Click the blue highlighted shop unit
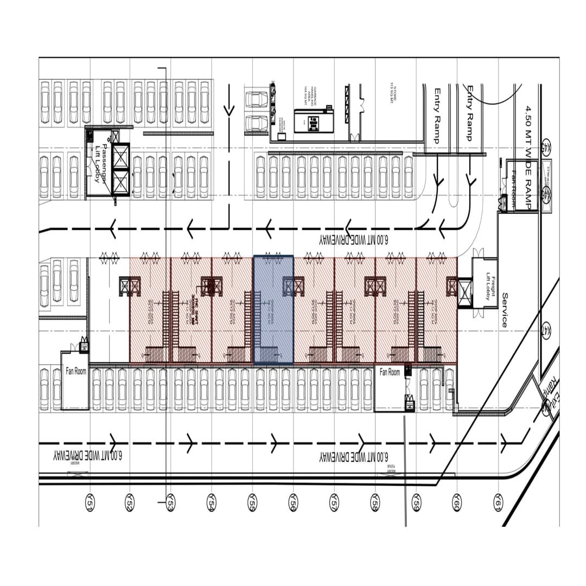273,309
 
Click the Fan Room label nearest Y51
75,372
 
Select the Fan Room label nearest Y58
390,372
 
